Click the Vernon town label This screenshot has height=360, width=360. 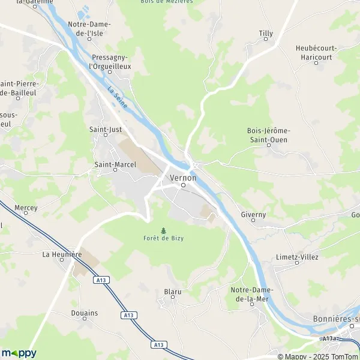coord(183,178)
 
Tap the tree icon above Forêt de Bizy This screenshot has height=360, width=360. coord(163,230)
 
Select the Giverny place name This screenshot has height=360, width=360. coord(253,214)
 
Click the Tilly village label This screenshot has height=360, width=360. coord(265,33)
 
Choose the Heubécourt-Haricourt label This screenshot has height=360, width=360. coord(317,52)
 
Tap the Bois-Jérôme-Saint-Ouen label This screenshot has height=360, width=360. coord(268,135)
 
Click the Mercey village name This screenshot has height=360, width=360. coord(26,208)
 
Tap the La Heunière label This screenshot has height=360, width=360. coord(62,254)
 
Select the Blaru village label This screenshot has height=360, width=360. coord(172,292)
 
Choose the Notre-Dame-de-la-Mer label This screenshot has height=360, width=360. coord(252,294)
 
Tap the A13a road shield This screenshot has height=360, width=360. coord(329,339)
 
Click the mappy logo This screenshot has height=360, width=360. coord(19,353)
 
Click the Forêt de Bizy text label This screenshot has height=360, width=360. coord(163,239)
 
